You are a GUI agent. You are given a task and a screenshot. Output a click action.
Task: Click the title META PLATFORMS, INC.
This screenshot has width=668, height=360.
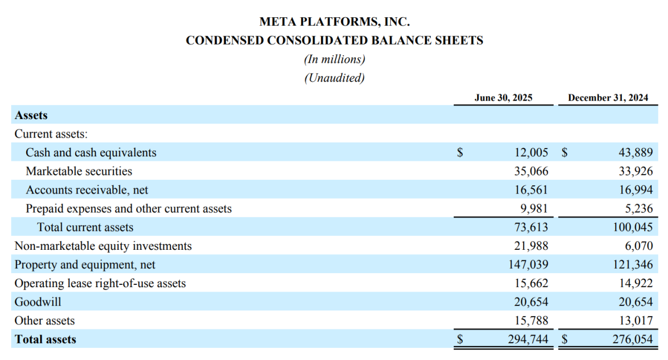pyautogui.click(x=334, y=22)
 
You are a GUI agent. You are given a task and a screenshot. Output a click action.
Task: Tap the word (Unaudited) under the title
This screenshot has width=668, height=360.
pyautogui.click(x=334, y=77)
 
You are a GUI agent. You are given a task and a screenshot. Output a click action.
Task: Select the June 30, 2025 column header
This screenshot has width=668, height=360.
pyautogui.click(x=503, y=98)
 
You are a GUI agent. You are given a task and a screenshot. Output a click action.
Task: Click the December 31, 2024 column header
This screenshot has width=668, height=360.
pyautogui.click(x=608, y=98)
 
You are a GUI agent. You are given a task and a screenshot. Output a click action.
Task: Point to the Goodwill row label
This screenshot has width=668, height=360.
pyautogui.click(x=38, y=302)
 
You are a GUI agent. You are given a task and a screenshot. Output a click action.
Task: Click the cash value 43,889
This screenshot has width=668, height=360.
pyautogui.click(x=635, y=152)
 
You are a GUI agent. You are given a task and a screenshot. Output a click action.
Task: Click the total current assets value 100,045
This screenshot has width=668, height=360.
pyautogui.click(x=632, y=228)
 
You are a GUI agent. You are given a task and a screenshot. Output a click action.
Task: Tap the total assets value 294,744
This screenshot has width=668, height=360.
pyautogui.click(x=528, y=339)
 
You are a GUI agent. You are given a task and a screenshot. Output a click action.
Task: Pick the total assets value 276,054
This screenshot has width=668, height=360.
pyautogui.click(x=632, y=339)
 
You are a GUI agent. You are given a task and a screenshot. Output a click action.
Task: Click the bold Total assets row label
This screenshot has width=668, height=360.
pyautogui.click(x=46, y=339)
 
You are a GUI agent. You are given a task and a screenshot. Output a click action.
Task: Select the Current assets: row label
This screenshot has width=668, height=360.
pyautogui.click(x=51, y=134)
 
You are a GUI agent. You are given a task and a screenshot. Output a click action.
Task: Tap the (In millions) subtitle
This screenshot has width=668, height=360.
pyautogui.click(x=334, y=59)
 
